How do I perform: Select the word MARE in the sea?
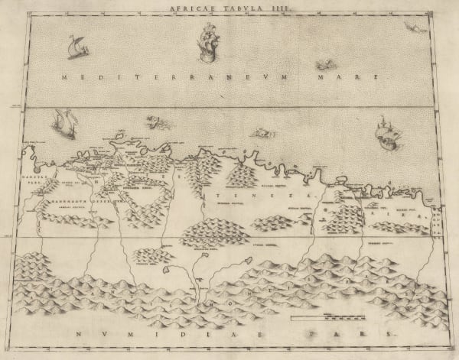[x=357, y=77]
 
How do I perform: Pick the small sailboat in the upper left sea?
[x=76, y=47]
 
